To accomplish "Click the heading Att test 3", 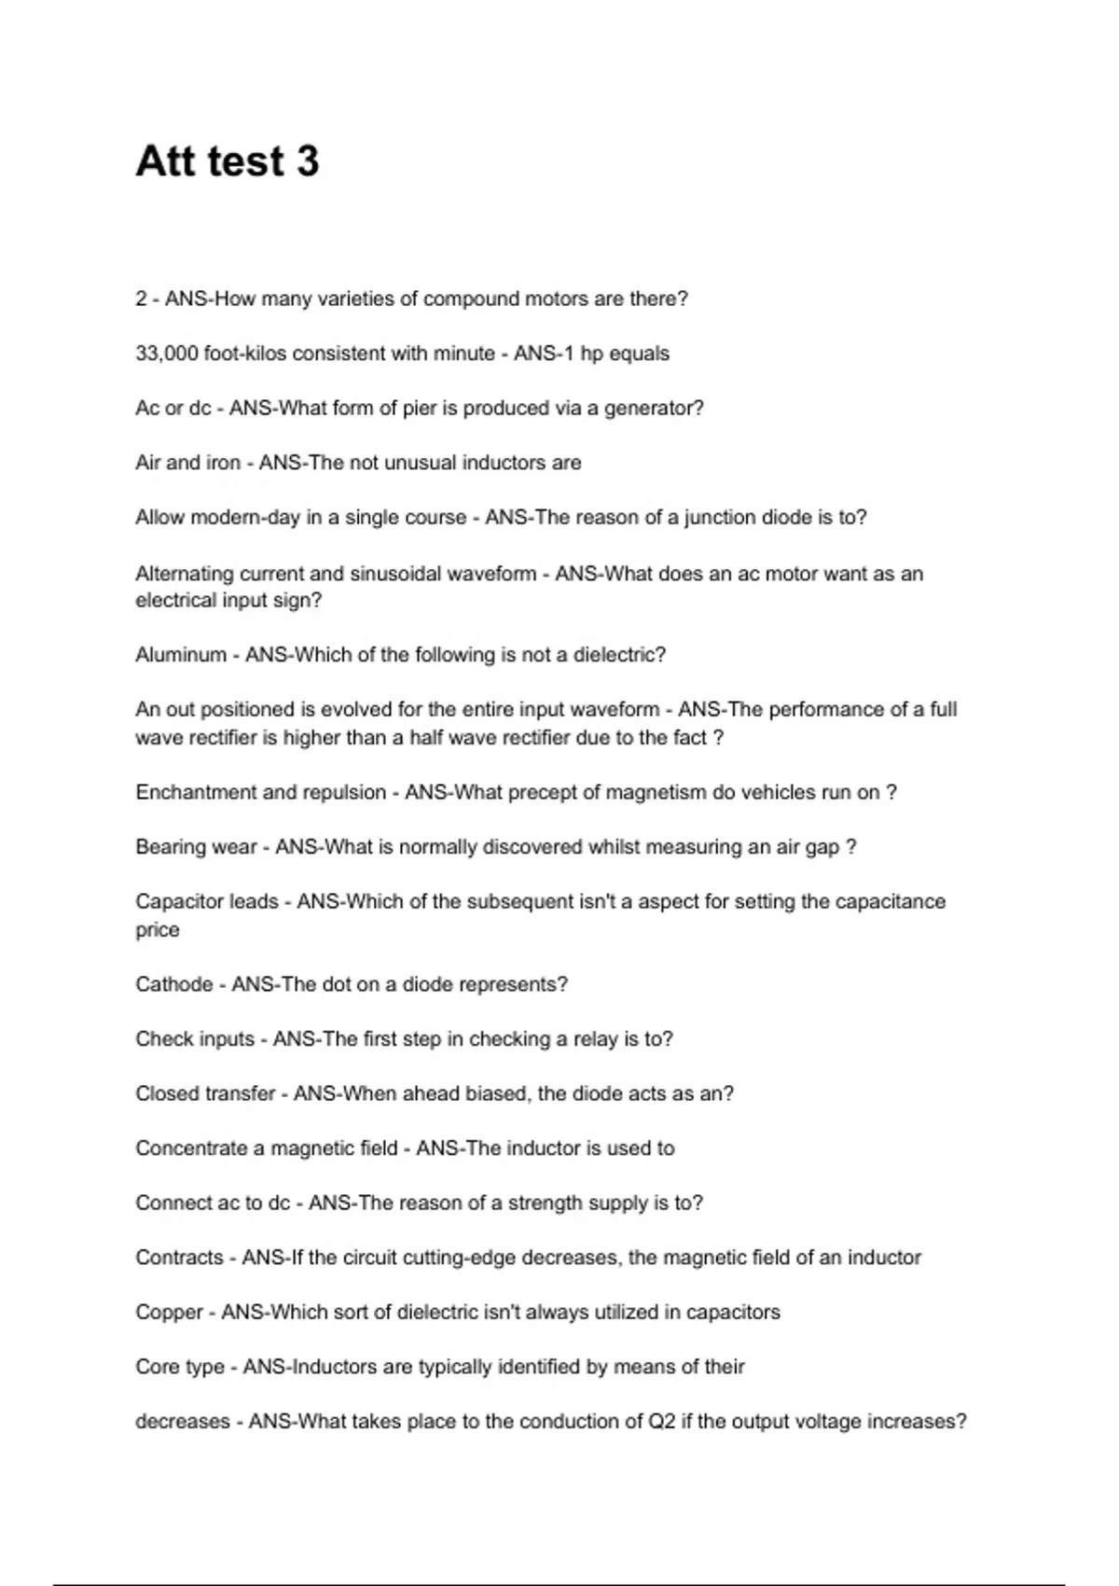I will tap(228, 161).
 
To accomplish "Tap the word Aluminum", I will tap(181, 655).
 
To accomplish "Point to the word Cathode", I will tap(173, 984).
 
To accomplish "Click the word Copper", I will tap(169, 1312).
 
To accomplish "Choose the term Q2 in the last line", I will tap(661, 1421).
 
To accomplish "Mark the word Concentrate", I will tap(191, 1148).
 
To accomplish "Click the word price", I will tap(157, 930).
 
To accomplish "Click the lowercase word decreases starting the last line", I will tap(182, 1421).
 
